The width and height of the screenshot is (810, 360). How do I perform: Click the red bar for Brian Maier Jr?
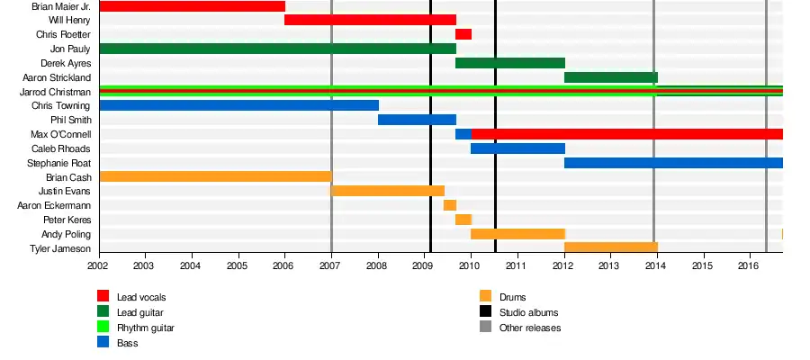point(192,6)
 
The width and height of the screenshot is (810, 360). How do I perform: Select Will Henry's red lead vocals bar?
point(370,20)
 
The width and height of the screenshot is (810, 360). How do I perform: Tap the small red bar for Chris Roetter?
point(463,34)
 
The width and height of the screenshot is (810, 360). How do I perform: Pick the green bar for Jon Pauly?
point(277,49)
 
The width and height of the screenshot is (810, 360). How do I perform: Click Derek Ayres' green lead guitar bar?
point(510,63)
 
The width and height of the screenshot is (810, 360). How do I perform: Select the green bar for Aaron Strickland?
point(611,77)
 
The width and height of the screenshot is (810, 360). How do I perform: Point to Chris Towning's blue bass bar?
point(238,105)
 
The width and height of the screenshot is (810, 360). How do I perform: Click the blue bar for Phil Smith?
point(417,120)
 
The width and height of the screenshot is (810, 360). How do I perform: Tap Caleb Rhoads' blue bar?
point(517,148)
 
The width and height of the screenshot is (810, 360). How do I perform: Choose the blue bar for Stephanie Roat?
point(673,163)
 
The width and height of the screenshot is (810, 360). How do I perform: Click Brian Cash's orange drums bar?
point(215,177)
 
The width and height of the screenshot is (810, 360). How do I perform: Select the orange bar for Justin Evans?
point(388,191)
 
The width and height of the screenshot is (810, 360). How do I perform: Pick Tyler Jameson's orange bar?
point(611,247)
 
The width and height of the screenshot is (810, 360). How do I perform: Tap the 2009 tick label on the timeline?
point(423,266)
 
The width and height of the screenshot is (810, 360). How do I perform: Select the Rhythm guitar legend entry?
point(146,328)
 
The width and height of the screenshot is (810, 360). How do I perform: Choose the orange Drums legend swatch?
point(486,297)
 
